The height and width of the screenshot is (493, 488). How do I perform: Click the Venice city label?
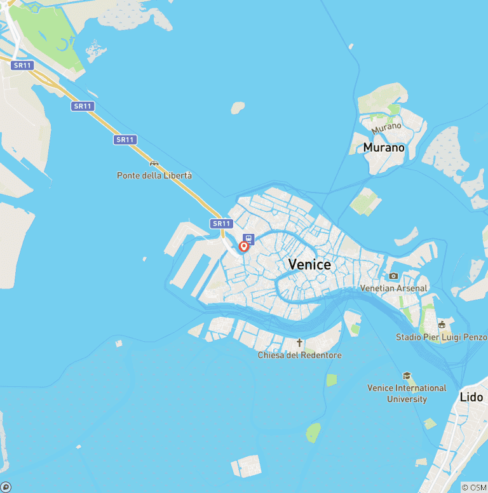click(309, 264)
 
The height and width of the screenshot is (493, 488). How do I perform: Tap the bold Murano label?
click(384, 147)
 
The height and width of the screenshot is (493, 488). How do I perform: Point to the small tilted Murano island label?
click(386, 127)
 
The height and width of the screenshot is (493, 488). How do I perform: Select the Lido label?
click(471, 397)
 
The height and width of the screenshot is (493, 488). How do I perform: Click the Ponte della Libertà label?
click(154, 175)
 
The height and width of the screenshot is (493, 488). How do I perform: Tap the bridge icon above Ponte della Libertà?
click(153, 163)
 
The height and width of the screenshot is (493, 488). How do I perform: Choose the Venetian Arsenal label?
click(394, 288)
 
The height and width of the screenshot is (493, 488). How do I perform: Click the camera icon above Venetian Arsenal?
click(394, 276)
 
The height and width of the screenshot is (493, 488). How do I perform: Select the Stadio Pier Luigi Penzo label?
click(442, 337)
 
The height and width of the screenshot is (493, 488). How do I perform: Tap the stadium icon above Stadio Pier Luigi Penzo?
click(442, 325)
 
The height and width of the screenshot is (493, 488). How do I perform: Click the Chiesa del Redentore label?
click(300, 355)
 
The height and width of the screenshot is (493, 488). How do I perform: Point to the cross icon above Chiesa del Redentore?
click(300, 343)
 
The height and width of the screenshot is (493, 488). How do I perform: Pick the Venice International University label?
click(407, 393)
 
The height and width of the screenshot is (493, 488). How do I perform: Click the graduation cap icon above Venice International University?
click(407, 376)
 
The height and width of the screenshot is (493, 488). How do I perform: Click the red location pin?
click(243, 246)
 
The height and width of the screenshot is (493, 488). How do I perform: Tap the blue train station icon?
click(248, 240)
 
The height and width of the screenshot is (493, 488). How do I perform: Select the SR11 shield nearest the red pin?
click(221, 223)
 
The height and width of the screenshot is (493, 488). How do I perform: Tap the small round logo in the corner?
click(6, 487)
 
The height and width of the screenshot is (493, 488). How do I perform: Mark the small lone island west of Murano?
click(238, 108)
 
